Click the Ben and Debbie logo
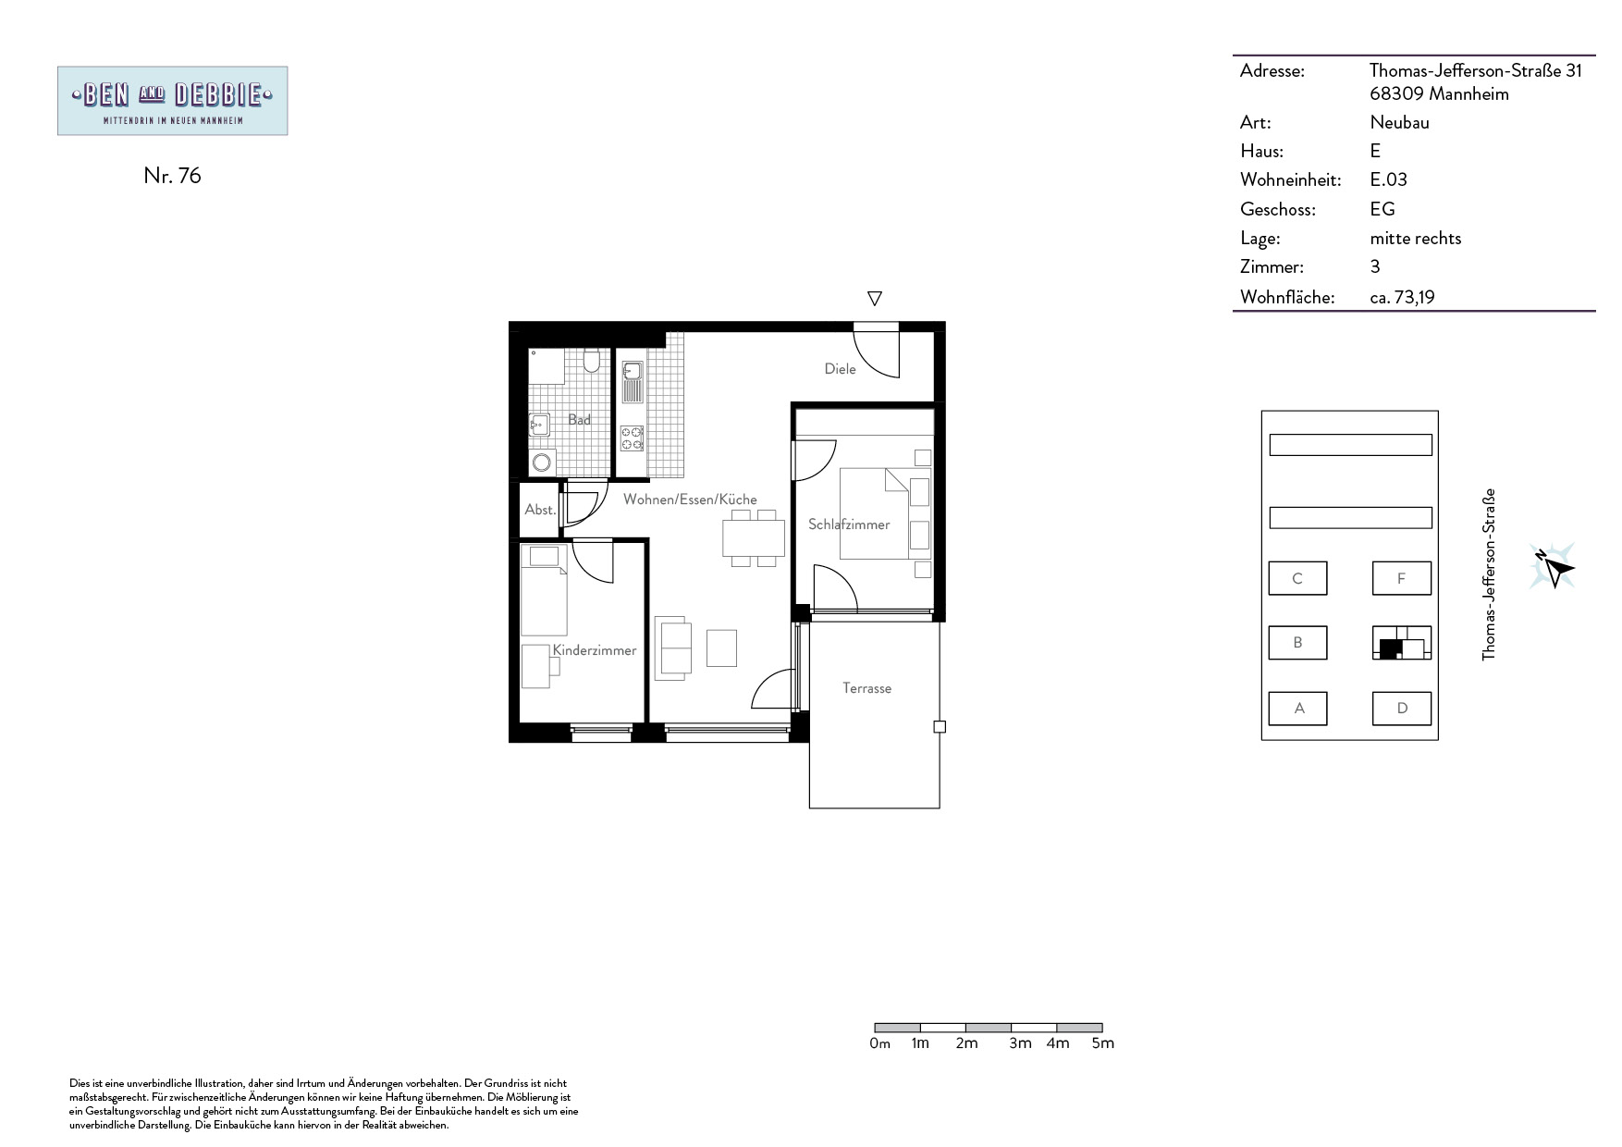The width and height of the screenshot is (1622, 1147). pyautogui.click(x=172, y=101)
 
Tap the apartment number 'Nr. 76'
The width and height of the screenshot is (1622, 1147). pyautogui.click(x=172, y=176)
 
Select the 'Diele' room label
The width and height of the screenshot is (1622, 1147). pyautogui.click(x=840, y=369)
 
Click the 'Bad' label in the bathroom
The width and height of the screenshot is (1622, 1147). pyautogui.click(x=579, y=420)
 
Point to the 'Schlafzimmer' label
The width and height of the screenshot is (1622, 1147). pyautogui.click(x=849, y=524)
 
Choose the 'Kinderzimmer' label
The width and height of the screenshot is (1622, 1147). pyautogui.click(x=595, y=650)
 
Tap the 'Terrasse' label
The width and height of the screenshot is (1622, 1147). pyautogui.click(x=866, y=688)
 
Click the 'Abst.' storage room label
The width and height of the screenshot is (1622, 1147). pyautogui.click(x=540, y=510)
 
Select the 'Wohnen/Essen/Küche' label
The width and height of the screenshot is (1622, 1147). pyautogui.click(x=690, y=499)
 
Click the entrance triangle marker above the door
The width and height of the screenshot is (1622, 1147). pyautogui.click(x=874, y=298)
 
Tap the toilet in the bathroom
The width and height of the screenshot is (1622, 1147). pyautogui.click(x=593, y=360)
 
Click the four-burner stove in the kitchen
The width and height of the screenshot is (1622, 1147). pyautogui.click(x=633, y=438)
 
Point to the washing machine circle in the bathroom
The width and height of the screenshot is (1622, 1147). pyautogui.click(x=541, y=462)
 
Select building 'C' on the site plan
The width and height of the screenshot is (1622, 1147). pyautogui.click(x=1297, y=578)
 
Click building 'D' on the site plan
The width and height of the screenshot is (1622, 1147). pyautogui.click(x=1402, y=709)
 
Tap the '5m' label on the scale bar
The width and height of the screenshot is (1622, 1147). pyautogui.click(x=1102, y=1043)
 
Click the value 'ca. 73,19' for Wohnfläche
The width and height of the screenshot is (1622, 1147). pyautogui.click(x=1402, y=298)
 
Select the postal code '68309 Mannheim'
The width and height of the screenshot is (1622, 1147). pyautogui.click(x=1439, y=93)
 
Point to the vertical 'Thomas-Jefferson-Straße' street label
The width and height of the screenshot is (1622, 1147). pyautogui.click(x=1489, y=574)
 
